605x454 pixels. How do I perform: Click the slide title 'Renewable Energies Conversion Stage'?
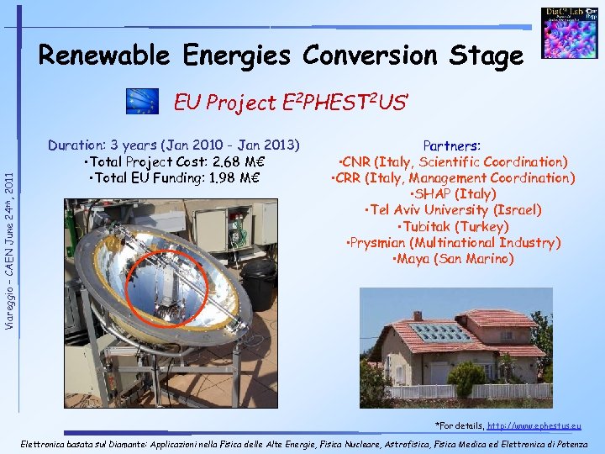pyautogui.click(x=280, y=56)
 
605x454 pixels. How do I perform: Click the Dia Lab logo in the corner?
pyautogui.click(x=569, y=33)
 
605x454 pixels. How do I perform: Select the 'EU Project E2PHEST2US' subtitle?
pyautogui.click(x=291, y=103)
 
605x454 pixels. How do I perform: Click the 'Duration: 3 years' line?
pyautogui.click(x=174, y=145)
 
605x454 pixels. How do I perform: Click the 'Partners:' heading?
pyautogui.click(x=452, y=145)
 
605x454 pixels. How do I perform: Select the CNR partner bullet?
pyautogui.click(x=452, y=161)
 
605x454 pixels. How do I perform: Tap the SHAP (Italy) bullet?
pyautogui.click(x=452, y=193)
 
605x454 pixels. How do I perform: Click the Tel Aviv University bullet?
pyautogui.click(x=452, y=210)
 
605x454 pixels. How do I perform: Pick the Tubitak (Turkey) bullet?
pyautogui.click(x=452, y=226)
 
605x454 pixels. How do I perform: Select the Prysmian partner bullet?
pyautogui.click(x=452, y=243)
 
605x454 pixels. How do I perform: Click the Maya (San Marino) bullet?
pyautogui.click(x=452, y=259)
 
